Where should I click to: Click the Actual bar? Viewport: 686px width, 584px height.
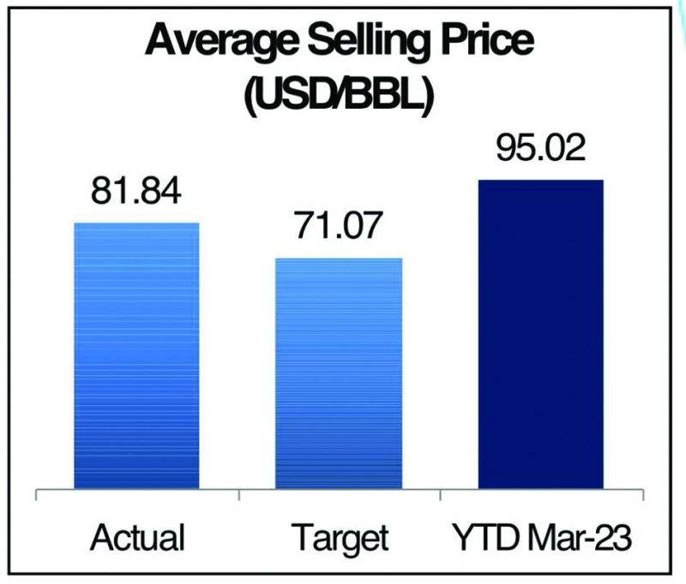tap(136, 355)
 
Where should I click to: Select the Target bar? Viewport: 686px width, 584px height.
tap(338, 372)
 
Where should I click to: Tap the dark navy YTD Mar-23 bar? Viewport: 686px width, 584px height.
tap(540, 334)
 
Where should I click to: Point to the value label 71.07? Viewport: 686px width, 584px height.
tap(339, 227)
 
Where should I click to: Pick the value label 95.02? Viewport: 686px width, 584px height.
tap(540, 148)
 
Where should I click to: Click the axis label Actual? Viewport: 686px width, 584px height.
tap(136, 539)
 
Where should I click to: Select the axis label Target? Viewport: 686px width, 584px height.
tap(339, 539)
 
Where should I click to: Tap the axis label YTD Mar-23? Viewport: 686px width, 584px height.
tap(540, 539)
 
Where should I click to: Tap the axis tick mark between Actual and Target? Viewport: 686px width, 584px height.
tap(238, 495)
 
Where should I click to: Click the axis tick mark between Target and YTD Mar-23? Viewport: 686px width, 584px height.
tap(440, 495)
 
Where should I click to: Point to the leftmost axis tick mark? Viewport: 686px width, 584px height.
tap(36, 495)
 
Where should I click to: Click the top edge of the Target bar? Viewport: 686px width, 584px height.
tap(338, 259)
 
